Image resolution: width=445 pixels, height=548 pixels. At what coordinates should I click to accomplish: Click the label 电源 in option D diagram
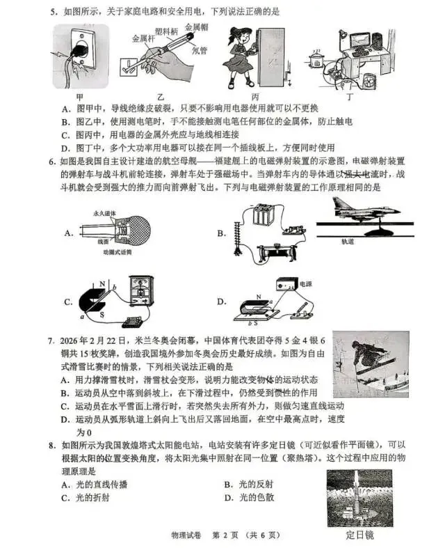305,284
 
